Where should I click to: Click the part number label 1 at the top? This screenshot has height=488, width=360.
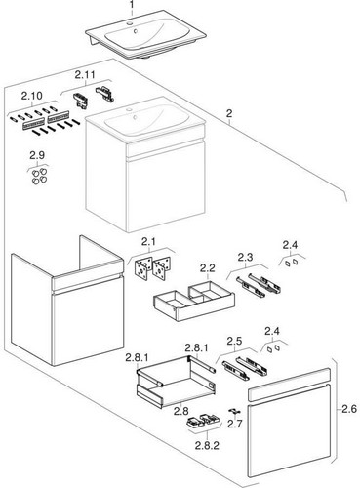131,4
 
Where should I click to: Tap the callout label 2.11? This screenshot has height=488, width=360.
85,75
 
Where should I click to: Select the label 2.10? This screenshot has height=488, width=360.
32,96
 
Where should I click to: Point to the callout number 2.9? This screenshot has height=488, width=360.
37,155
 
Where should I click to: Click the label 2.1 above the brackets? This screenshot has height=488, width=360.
148,242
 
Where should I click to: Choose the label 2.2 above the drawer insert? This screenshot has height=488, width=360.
208,268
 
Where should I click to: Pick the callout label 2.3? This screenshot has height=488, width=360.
245,257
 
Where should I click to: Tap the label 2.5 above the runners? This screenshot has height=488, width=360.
235,342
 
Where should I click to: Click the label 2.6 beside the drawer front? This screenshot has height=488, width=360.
349,409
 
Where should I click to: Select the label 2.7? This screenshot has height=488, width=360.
235,424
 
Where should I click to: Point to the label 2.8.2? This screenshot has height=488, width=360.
207,445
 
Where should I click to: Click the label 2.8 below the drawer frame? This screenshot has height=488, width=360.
181,411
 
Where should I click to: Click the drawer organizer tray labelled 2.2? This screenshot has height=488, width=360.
194,301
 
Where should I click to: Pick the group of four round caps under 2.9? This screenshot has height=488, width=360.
39,176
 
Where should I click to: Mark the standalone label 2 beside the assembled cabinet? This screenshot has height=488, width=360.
229,114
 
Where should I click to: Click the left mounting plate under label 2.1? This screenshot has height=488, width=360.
143,267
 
